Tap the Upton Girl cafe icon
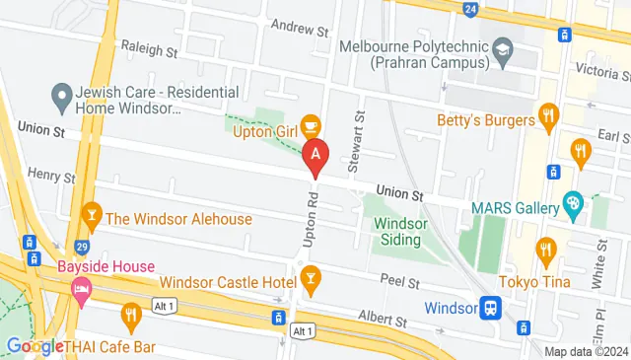coord(311,125)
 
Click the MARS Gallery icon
coord(573,205)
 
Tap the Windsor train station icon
coord(490,308)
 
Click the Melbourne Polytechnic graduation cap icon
coord(503,49)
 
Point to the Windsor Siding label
coord(399,231)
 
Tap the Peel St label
coord(399,281)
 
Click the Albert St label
coord(386,321)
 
